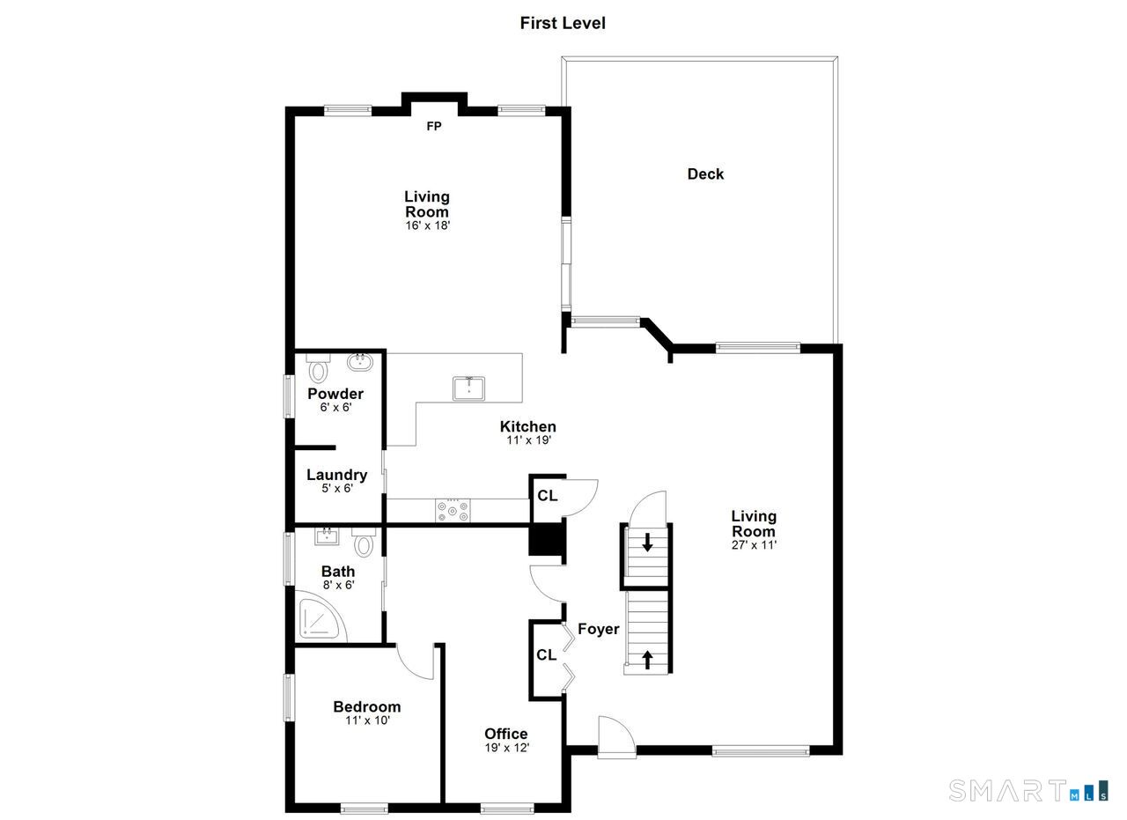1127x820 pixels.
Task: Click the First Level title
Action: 563,23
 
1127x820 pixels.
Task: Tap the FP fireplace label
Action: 434,126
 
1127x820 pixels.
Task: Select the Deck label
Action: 705,174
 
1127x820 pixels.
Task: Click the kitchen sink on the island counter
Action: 468,388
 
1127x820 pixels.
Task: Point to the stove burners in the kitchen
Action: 453,511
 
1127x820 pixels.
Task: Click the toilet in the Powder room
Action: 318,368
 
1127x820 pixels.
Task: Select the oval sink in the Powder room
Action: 360,362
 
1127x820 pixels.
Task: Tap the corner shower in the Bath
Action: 320,617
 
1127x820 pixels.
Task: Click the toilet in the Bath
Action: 364,543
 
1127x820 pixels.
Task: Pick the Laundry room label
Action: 336,475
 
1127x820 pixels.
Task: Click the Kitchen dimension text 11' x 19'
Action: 529,440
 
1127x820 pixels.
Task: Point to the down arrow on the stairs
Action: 647,543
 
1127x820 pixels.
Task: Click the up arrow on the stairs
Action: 647,660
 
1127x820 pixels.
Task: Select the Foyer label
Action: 598,629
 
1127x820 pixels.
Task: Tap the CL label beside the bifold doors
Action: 547,655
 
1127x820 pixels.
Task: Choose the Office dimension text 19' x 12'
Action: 507,748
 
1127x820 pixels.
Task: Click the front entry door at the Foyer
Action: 617,737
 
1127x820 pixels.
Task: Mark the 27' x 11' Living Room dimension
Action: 755,544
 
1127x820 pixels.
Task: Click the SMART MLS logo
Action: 1028,790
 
